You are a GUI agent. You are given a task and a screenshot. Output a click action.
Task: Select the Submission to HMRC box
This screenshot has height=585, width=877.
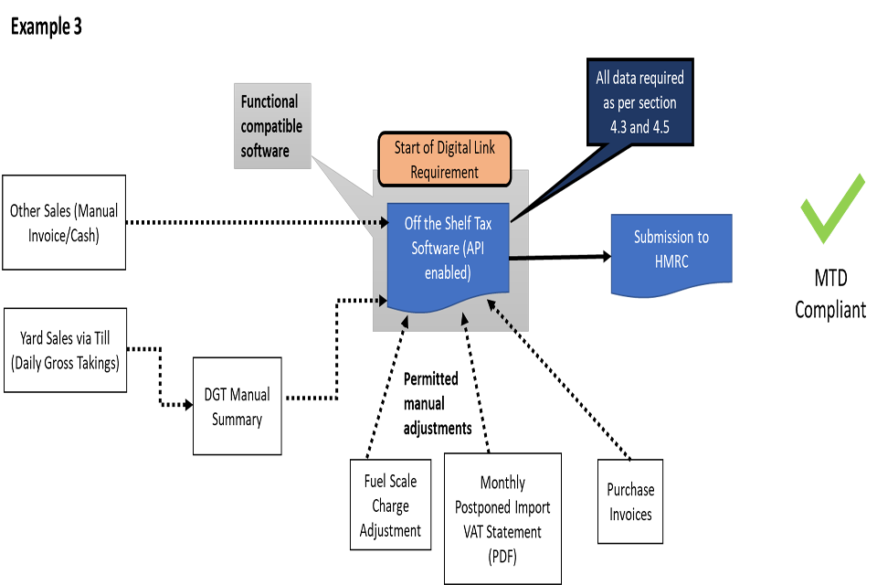[x=671, y=254]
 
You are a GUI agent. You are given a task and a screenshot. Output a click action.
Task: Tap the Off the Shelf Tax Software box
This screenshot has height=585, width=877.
[x=448, y=249]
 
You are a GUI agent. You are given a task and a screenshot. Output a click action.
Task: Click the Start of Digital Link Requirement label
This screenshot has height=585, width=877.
[x=444, y=159]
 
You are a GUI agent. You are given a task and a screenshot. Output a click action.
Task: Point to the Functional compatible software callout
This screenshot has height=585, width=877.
[x=272, y=126]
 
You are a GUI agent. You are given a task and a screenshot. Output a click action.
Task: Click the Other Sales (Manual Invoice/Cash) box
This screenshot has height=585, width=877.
[x=64, y=222]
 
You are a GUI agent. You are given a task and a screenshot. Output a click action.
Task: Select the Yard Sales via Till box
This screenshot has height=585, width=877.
[x=65, y=351]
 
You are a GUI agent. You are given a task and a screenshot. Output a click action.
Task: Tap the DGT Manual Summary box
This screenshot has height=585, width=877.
[x=237, y=407]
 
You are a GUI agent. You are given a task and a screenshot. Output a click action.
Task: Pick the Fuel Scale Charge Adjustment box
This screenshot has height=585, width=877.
[x=390, y=505]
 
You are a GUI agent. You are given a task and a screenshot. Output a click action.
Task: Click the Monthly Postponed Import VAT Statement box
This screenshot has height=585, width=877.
[x=502, y=518]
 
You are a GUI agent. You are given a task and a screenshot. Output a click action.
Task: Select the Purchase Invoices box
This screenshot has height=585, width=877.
[x=630, y=502]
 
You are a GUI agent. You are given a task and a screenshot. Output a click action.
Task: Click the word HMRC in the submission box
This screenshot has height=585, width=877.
[x=671, y=261]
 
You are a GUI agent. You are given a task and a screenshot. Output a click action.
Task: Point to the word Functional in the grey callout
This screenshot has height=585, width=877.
[x=269, y=101]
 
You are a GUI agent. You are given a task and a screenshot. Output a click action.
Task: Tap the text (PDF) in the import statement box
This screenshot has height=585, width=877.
[x=502, y=556]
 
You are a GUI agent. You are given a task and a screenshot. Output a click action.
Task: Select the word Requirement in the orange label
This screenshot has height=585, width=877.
[x=444, y=172]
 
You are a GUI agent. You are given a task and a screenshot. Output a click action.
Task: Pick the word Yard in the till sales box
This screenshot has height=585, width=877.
[x=35, y=339]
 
